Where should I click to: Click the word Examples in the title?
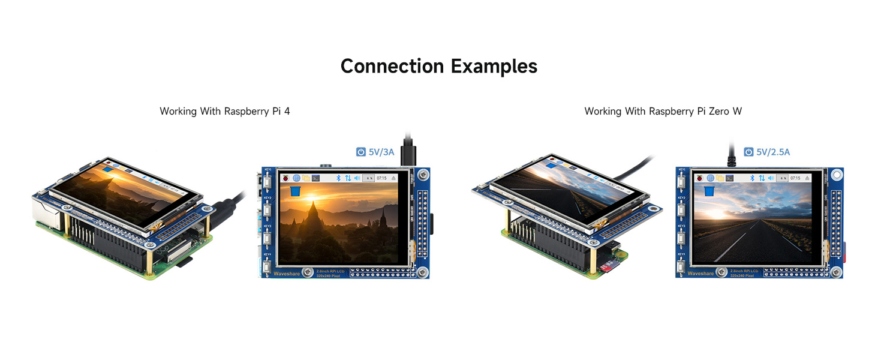point(494,66)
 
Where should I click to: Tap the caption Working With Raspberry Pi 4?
point(225,111)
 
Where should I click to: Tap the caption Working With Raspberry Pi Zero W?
point(663,111)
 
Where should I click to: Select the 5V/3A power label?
point(381,152)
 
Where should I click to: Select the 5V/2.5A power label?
point(773,152)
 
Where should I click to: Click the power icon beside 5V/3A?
point(360,152)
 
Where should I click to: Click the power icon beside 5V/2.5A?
point(748,152)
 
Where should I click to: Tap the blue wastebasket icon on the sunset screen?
point(295,191)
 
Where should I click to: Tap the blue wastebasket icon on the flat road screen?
point(709,191)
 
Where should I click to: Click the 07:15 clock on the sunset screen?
point(381,178)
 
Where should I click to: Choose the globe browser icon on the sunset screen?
point(296,178)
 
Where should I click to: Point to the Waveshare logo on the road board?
point(700,273)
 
